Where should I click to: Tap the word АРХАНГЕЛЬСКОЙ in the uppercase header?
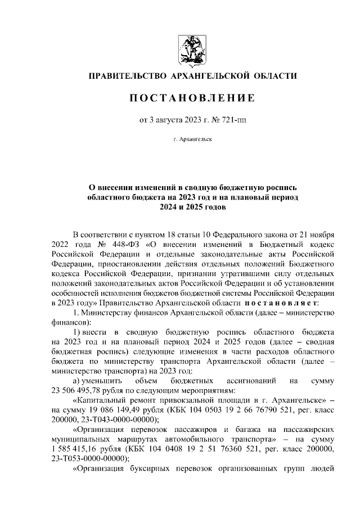210,75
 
